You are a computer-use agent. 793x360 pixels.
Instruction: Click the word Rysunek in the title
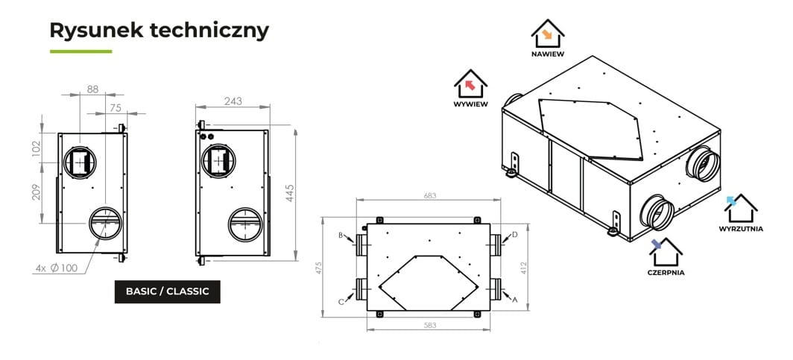pyautogui.click(x=95, y=31)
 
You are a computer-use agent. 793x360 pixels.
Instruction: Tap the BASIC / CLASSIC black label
pyautogui.click(x=168, y=291)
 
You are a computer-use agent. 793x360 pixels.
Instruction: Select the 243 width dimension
pyautogui.click(x=233, y=101)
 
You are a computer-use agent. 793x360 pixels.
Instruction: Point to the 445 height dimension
pyautogui.click(x=290, y=193)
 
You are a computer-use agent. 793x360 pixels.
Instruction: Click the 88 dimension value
pyautogui.click(x=92, y=89)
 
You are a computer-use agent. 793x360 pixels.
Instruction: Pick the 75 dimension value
pyautogui.click(x=116, y=107)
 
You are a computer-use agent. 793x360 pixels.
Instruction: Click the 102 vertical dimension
pyautogui.click(x=37, y=148)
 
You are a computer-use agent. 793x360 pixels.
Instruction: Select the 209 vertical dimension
pyautogui.click(x=37, y=192)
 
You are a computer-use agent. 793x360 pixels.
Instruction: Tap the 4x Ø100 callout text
pyautogui.click(x=57, y=268)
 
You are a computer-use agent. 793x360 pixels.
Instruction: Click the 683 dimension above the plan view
pyautogui.click(x=429, y=195)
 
